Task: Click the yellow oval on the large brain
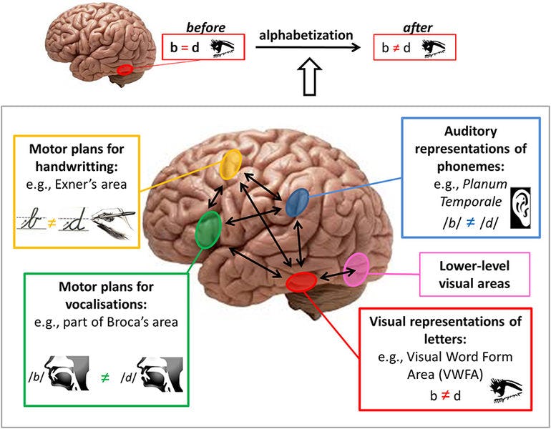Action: pos(231,164)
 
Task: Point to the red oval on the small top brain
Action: pos(125,69)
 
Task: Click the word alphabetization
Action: pos(307,34)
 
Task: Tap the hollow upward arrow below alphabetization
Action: pos(309,76)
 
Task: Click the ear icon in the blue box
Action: pos(522,206)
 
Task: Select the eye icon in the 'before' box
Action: pos(225,49)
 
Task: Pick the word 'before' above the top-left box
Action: pos(205,26)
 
